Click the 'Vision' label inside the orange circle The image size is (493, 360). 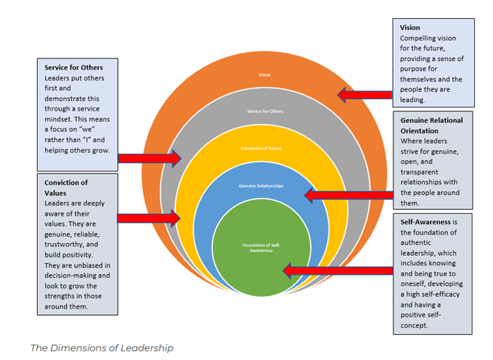point(264,76)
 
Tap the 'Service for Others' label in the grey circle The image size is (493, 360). point(264,111)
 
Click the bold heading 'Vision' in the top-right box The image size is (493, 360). point(411,27)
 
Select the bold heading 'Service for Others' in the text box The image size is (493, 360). point(79,67)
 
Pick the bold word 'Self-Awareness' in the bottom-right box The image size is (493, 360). point(430,222)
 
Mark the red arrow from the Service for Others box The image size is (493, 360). point(149,159)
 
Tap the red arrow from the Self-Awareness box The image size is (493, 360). point(323,271)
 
